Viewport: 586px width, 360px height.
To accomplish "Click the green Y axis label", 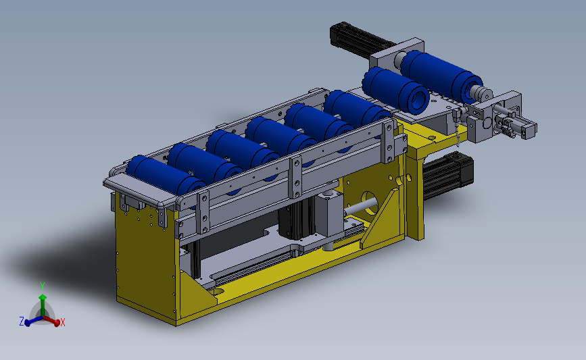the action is (43, 286).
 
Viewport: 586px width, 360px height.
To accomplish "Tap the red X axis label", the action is (63, 322).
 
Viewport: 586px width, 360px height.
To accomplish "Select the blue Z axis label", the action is (22, 321).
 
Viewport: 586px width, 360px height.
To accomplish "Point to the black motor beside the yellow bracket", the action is (447, 176).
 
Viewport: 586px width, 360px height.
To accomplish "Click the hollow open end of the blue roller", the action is (418, 100).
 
